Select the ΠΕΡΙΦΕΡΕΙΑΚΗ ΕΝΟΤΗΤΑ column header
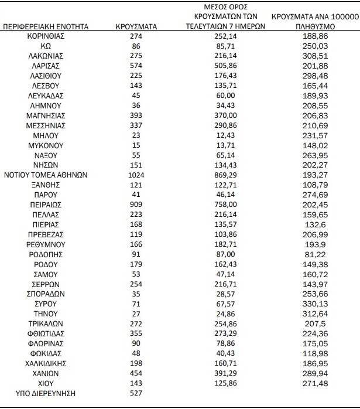[46, 26]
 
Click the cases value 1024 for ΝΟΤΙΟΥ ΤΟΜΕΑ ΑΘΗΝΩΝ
[136, 175]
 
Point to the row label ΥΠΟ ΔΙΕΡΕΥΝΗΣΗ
[46, 393]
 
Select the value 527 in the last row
[136, 393]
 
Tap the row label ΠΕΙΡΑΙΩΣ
[46, 205]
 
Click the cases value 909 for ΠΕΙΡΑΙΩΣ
[136, 205]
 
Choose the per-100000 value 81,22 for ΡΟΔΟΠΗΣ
[316, 254]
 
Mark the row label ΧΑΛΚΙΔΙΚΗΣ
[46, 363]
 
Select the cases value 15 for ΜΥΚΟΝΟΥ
[136, 145]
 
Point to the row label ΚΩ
[46, 46]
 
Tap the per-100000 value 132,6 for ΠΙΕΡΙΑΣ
[316, 224]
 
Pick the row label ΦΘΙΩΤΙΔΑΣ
[46, 333]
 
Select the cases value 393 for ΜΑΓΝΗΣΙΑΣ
[136, 115]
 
